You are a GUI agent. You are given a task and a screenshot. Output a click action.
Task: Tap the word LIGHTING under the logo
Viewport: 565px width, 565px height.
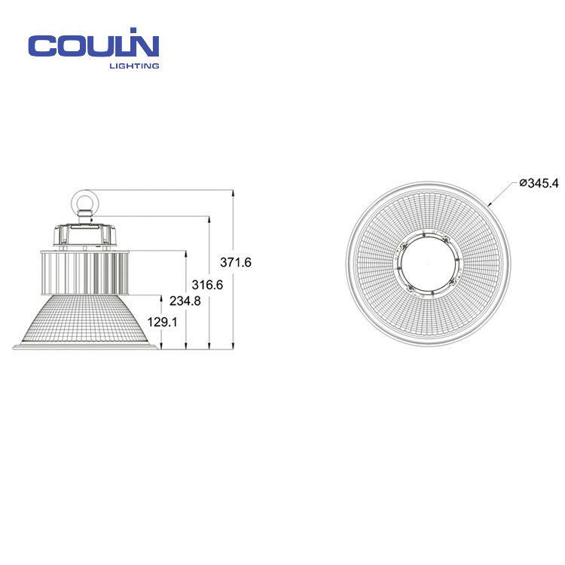[134, 66]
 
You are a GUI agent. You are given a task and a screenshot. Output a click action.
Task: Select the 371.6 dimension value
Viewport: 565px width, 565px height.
[236, 262]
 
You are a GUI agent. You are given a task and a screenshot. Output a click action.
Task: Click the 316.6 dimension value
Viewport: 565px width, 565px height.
[207, 285]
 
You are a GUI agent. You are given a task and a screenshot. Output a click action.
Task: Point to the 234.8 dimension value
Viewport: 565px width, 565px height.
[185, 301]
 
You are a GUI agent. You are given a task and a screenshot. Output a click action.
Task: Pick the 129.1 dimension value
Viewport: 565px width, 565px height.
[162, 322]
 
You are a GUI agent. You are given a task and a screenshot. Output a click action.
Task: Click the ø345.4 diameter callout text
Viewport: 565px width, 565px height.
[539, 183]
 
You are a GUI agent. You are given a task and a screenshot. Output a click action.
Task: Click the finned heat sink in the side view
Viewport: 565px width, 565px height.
[84, 273]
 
